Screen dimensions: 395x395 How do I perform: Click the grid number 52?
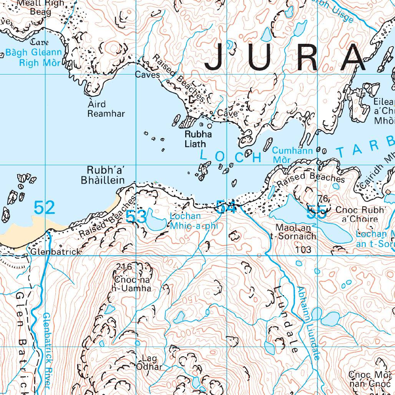pos(44,207)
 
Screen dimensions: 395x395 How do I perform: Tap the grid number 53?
pos(136,216)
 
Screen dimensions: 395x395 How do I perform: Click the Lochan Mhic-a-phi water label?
pos(194,221)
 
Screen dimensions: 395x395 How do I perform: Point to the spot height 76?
pos(324,199)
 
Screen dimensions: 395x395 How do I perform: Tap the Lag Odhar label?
pos(149,363)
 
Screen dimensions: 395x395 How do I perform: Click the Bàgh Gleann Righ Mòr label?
pos(33,58)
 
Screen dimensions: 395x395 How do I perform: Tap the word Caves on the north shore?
pos(147,75)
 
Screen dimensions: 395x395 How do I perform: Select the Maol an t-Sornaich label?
pos(293,232)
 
